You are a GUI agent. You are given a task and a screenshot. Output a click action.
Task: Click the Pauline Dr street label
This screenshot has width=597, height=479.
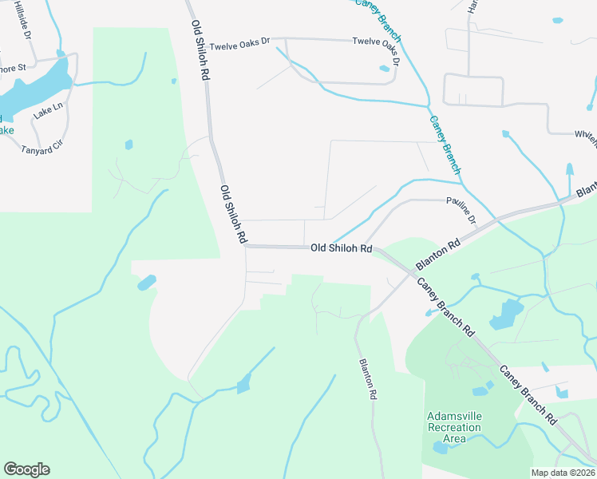click(461, 209)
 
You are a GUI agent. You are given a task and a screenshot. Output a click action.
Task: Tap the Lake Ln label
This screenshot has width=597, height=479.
click(47, 111)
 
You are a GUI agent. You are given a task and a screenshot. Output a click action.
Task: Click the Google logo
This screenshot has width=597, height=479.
click(26, 469)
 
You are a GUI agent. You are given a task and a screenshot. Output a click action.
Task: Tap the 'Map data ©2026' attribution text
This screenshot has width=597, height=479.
click(563, 473)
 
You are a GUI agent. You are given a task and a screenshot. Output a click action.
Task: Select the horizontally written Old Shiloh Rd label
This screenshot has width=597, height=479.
click(342, 249)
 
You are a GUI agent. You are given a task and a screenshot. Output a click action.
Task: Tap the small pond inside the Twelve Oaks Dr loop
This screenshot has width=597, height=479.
click(384, 69)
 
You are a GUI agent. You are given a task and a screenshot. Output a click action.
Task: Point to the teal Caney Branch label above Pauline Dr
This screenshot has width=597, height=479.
click(445, 144)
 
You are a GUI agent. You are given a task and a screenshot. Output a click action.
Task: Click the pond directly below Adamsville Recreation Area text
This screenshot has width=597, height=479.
click(441, 448)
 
